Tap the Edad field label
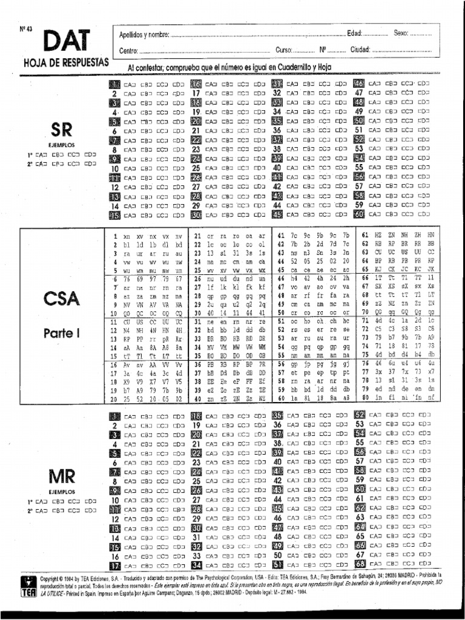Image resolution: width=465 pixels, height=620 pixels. point(355,33)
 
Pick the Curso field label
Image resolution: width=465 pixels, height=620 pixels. point(283,50)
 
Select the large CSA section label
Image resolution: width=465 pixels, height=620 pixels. point(61,298)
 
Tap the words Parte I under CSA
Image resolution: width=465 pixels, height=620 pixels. point(61,333)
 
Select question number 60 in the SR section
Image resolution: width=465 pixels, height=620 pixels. point(358,214)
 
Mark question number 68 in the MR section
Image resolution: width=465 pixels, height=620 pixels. point(359,565)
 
